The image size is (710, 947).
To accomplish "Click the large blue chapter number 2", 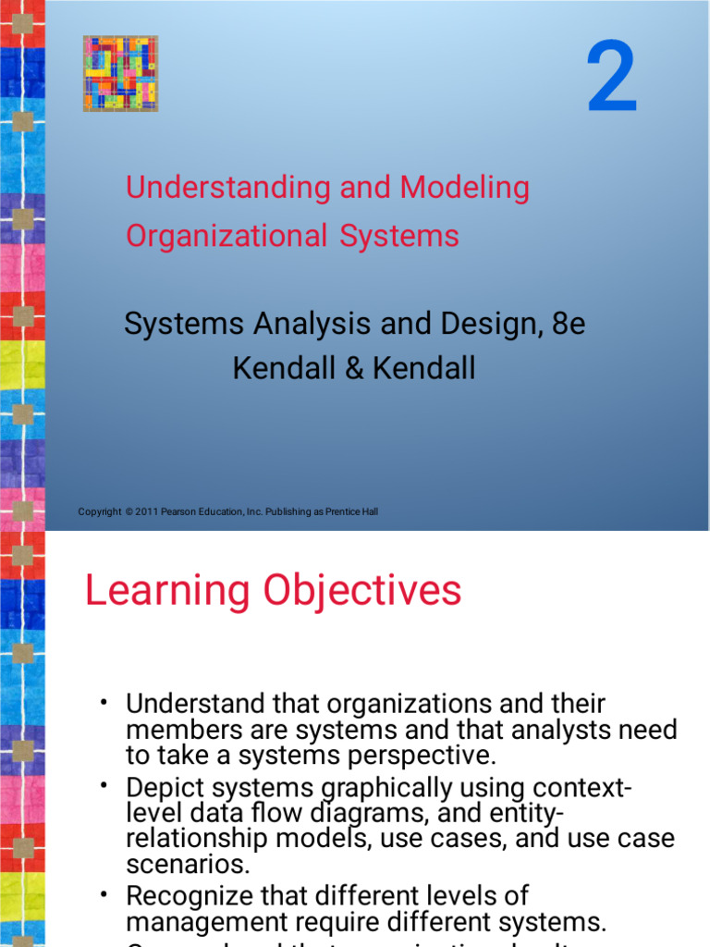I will point(612,80).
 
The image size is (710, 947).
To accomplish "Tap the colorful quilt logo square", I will point(120,74).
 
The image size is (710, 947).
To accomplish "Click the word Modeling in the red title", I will point(465,188).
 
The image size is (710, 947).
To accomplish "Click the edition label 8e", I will point(565,325).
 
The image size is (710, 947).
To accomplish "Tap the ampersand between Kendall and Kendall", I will point(354,369).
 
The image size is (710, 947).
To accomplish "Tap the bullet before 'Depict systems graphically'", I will point(105,784).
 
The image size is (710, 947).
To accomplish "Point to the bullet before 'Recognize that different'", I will point(105,892).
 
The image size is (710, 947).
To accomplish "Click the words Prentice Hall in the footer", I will point(352,512).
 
